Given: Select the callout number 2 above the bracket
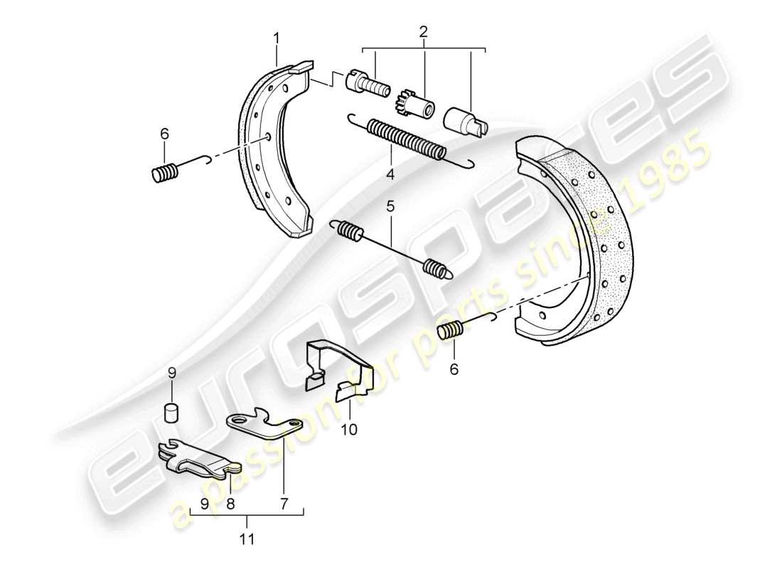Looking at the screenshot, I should pos(424,32).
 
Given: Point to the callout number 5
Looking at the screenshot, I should pos(390,206).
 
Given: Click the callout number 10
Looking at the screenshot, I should pos(350,429).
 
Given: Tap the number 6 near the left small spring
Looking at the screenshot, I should pos(164,133).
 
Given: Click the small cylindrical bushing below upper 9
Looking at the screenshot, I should pos(171,413).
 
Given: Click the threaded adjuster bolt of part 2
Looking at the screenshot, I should pos(367,84).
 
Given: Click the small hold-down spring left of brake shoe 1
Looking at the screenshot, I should pos(166,173).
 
